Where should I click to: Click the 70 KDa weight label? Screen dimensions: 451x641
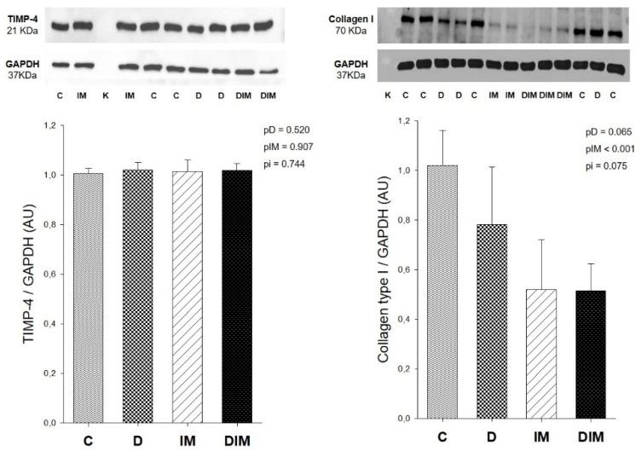pyautogui.click(x=349, y=28)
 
